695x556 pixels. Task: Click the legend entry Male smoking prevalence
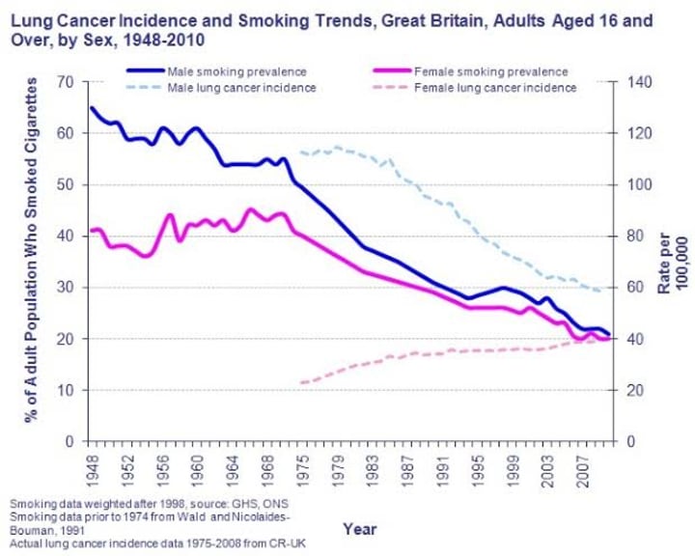point(236,71)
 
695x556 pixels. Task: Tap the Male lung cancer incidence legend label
point(241,88)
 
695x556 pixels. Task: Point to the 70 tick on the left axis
point(66,82)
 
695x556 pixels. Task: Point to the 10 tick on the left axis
point(66,391)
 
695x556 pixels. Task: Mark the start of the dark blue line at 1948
point(91,107)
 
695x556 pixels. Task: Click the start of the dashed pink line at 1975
point(301,383)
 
